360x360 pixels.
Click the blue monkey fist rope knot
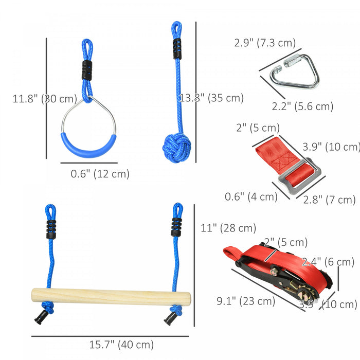click(x=176, y=148)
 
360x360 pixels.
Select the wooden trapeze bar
click(x=111, y=297)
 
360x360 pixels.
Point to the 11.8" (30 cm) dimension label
click(x=45, y=99)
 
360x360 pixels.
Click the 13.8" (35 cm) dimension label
click(x=212, y=98)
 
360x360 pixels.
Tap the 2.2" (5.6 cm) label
click(x=302, y=106)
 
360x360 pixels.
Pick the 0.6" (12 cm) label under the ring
click(x=100, y=174)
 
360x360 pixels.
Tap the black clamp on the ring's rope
click(x=87, y=70)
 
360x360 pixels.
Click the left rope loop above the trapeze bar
click(x=50, y=212)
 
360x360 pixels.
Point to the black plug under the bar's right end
click(x=169, y=319)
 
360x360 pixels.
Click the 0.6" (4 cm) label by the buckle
click(x=251, y=196)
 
